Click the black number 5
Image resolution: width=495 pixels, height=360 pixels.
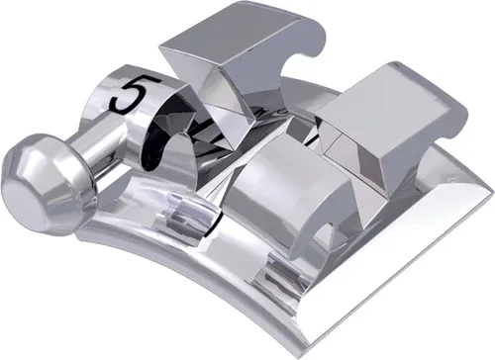click(132, 95)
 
